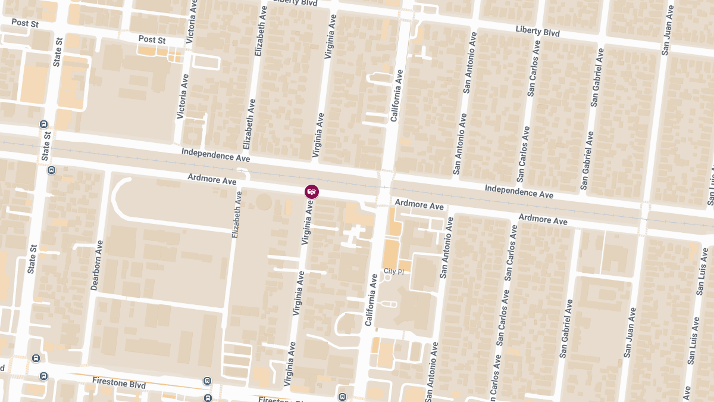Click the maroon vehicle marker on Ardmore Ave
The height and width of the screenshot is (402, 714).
click(x=312, y=192)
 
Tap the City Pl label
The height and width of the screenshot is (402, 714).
click(x=394, y=272)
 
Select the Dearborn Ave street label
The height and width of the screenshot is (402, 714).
click(x=97, y=265)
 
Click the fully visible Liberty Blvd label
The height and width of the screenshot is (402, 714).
click(x=537, y=31)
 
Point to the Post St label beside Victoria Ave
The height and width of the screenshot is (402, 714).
click(x=152, y=40)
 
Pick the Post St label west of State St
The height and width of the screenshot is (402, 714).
click(x=24, y=23)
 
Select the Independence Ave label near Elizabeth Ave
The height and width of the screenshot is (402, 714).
click(x=216, y=155)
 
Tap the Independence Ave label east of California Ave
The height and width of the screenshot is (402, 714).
click(x=519, y=191)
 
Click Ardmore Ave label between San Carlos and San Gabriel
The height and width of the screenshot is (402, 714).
click(x=543, y=220)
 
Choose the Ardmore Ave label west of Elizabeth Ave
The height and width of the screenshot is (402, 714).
click(x=212, y=179)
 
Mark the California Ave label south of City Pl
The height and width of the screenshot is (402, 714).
click(x=371, y=300)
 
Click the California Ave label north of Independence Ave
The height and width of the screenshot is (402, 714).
click(x=397, y=96)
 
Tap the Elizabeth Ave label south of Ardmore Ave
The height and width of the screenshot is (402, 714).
click(x=237, y=215)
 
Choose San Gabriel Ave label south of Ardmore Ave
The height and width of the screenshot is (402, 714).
click(x=567, y=329)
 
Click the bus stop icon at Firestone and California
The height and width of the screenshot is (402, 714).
click(x=342, y=397)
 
